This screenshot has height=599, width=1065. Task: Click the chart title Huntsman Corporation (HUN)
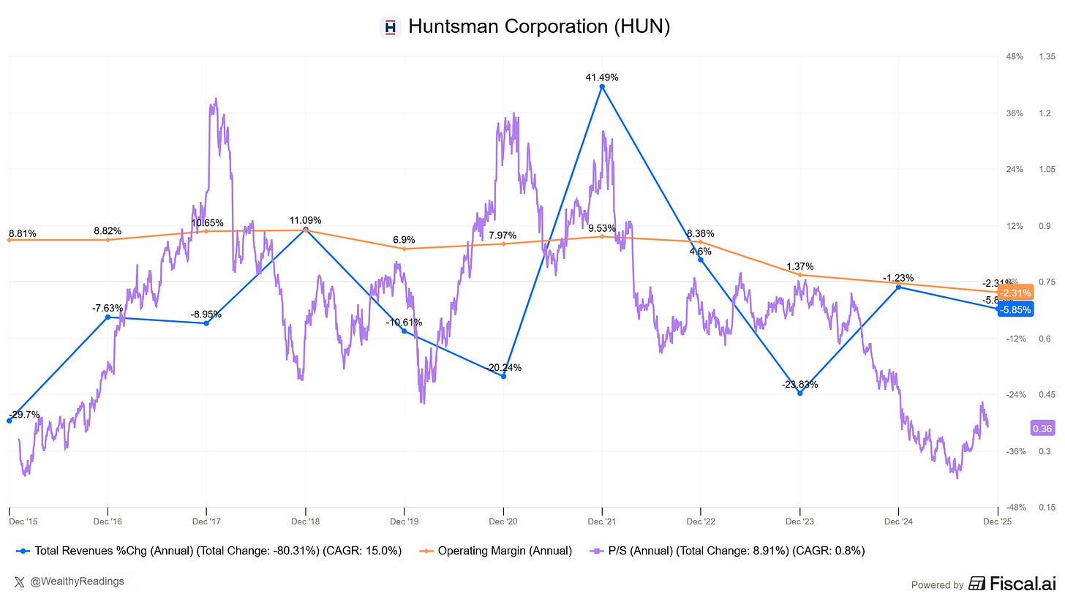(538, 27)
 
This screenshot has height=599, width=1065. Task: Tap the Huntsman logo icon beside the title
(391, 28)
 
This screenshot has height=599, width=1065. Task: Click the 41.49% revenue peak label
(602, 77)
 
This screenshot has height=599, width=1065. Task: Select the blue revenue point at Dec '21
(602, 87)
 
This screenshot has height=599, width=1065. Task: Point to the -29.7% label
(24, 414)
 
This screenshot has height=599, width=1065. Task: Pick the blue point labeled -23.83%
(799, 393)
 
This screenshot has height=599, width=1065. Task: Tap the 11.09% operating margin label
(305, 220)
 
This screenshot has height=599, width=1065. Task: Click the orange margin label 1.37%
(799, 266)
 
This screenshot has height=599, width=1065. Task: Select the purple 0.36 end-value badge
(1042, 429)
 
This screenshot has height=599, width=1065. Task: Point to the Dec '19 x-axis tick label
(404, 521)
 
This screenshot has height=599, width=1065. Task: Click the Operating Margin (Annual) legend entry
(497, 551)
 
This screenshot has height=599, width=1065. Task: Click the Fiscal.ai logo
(1013, 584)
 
